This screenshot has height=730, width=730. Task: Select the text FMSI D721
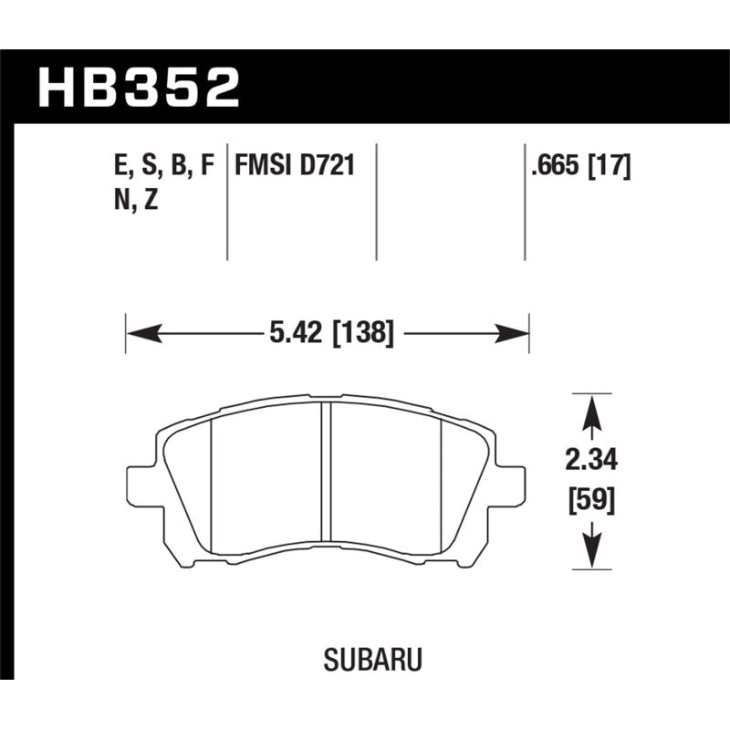click(294, 167)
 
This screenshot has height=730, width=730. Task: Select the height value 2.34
click(591, 463)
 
